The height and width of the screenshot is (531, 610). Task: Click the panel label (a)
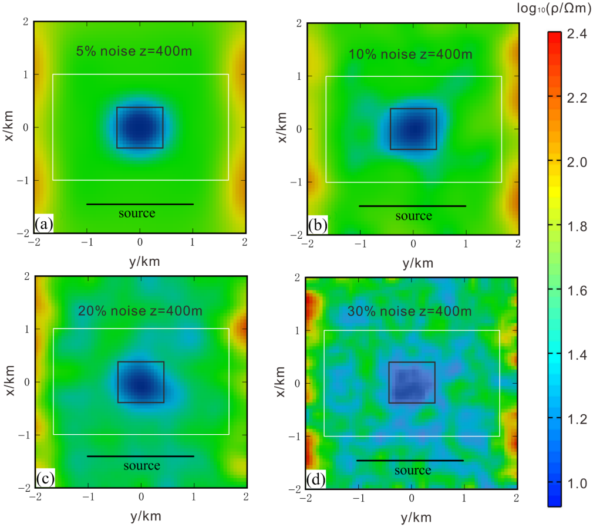45,224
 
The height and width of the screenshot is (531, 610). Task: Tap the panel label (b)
318,226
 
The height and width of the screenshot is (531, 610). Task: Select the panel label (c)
45,478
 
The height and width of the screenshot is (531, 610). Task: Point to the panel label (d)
316,481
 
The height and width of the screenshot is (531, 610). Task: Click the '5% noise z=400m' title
134,51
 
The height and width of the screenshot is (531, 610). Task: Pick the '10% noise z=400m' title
410,55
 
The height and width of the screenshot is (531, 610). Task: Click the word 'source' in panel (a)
137,213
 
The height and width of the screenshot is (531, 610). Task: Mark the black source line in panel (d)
410,461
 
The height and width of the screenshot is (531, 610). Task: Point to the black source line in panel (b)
412,206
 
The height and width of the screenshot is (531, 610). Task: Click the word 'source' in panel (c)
141,466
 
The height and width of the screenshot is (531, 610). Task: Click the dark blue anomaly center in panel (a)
139,127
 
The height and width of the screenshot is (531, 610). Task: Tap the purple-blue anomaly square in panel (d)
412,383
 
